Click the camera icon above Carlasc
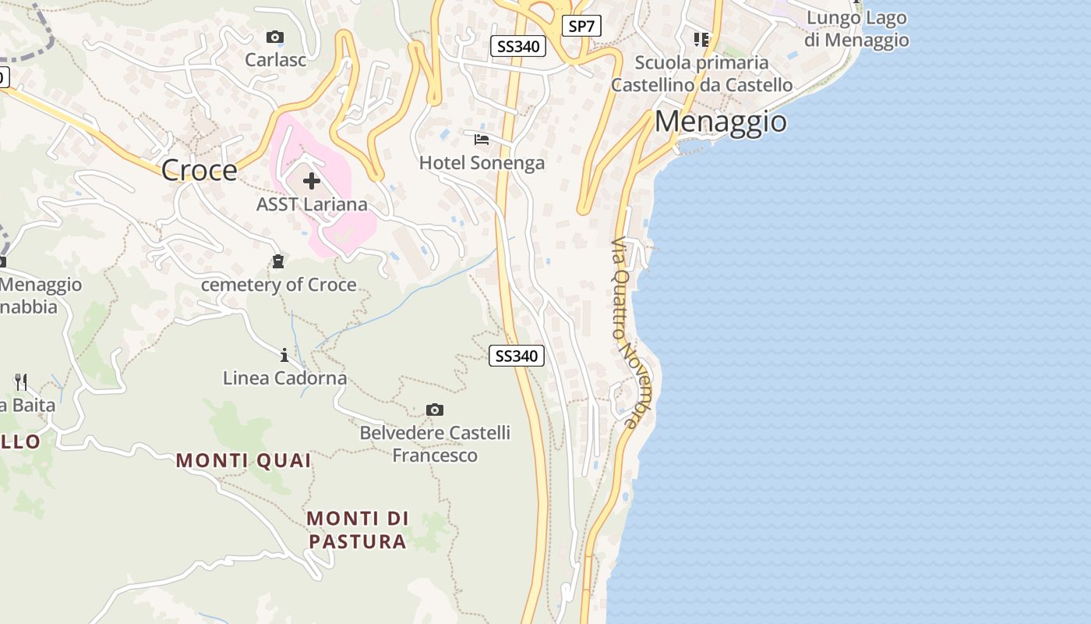(x=274, y=37)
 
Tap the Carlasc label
(x=276, y=59)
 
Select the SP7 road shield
(x=581, y=26)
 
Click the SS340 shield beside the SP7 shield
(x=518, y=46)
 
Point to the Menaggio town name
(x=720, y=122)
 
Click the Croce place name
(x=199, y=170)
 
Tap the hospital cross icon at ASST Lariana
(x=312, y=181)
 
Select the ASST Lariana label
(x=312, y=204)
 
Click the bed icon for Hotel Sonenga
(x=482, y=140)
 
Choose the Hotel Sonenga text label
(x=482, y=163)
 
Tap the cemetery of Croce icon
(x=278, y=261)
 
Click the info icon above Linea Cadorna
(x=284, y=356)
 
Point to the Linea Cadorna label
(x=284, y=378)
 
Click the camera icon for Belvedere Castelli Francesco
(x=435, y=409)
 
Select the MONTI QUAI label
(x=243, y=460)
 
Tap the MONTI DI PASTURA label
(x=357, y=530)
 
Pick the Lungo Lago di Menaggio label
(x=856, y=29)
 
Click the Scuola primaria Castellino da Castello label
(x=701, y=73)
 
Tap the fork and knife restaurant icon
(x=21, y=381)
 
